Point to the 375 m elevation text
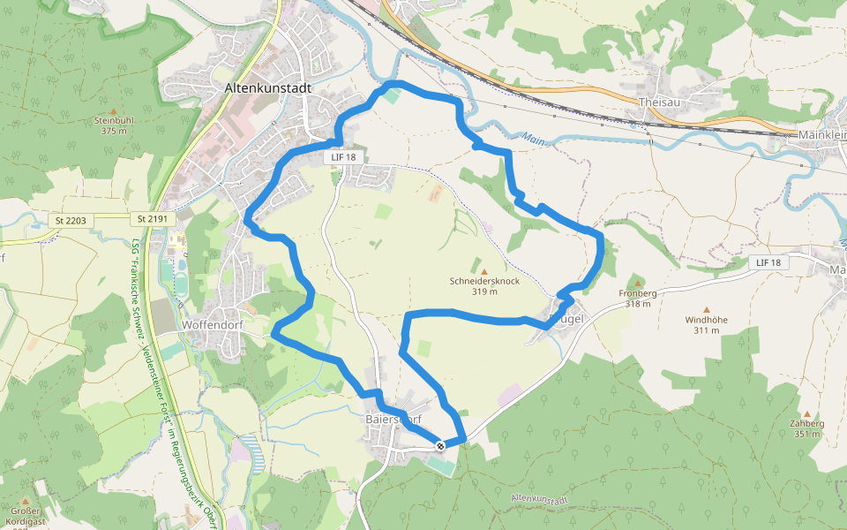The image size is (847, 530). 114,131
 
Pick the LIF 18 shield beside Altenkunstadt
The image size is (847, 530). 343,157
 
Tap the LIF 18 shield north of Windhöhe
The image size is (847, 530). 768,262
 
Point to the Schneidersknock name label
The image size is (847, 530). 484,280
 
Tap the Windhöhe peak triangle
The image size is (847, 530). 706,309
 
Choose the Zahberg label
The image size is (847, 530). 807,423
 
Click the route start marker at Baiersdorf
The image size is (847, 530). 438,445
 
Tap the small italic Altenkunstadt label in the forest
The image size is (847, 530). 541,499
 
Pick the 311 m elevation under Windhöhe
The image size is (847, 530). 706,330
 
